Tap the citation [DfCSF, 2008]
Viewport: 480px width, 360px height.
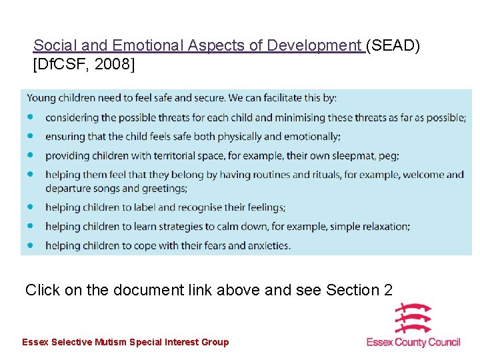click(x=83, y=65)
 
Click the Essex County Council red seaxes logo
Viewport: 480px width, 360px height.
click(x=413, y=318)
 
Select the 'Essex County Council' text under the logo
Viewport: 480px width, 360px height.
click(x=413, y=342)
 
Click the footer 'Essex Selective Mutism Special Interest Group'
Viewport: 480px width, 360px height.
click(x=125, y=342)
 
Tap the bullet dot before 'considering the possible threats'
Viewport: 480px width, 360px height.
click(x=30, y=117)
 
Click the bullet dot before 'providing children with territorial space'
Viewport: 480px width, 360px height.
click(x=30, y=155)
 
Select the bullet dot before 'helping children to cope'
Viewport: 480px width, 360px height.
click(x=30, y=245)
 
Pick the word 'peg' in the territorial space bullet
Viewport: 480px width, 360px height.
click(x=388, y=156)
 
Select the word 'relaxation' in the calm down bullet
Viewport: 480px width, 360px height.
click(x=382, y=226)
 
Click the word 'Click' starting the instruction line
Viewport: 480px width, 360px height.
click(x=41, y=290)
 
